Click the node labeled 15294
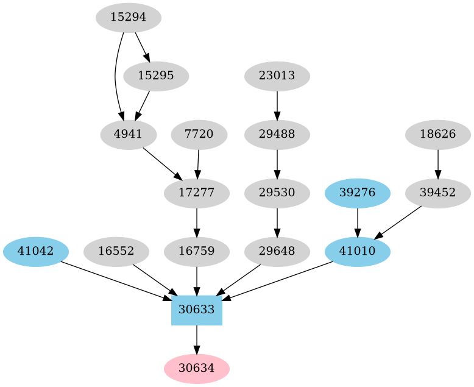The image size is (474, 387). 129,18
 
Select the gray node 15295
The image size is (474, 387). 156,76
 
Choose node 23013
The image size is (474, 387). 277,76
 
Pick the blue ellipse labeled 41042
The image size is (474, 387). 36,251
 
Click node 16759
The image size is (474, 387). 197,251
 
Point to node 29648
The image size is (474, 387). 277,251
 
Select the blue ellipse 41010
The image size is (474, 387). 358,251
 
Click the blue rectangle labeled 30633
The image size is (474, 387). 197,310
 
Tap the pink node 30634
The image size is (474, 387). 197,368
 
